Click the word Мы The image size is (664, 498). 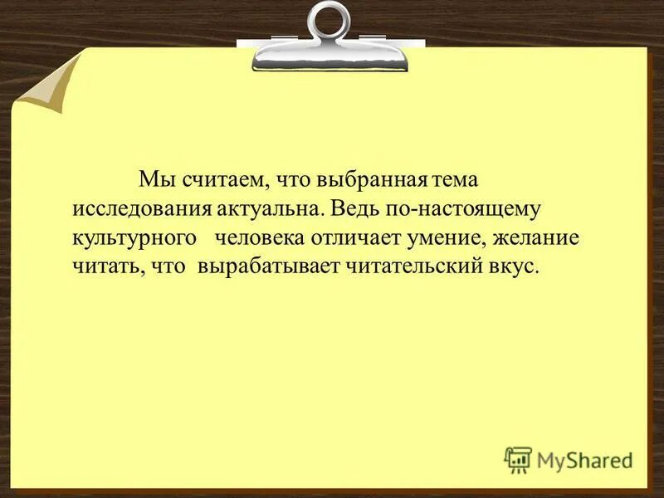coord(153,178)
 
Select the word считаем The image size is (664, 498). coord(218,179)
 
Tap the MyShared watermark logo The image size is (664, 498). coord(568,459)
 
